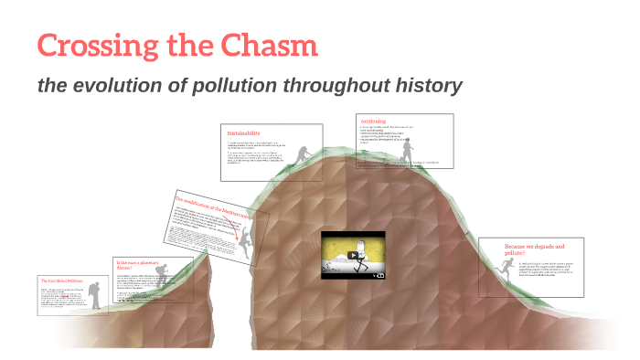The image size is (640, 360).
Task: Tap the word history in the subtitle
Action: tap(424, 86)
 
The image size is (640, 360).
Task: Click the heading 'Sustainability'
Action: tap(244, 133)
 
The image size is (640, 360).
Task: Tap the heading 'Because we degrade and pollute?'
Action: tap(535, 249)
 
